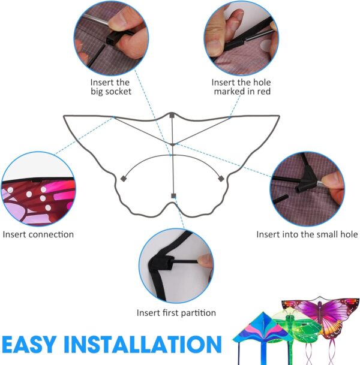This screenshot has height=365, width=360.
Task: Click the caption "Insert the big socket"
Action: pos(111,86)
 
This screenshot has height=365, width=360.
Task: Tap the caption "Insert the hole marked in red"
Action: pos(241,86)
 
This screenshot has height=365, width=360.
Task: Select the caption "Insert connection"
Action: pos(38,234)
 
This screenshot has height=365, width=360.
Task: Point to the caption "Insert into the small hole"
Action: pos(307,234)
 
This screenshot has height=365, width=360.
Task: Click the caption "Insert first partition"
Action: pos(176,312)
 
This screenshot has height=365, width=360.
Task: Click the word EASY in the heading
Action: pos(32,345)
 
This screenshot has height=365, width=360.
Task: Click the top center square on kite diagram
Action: pos(172,115)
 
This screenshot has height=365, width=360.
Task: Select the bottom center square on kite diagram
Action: pos(173,196)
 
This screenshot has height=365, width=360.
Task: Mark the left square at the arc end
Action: pos(122,178)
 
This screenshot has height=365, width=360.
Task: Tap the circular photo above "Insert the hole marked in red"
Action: pos(241,37)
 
